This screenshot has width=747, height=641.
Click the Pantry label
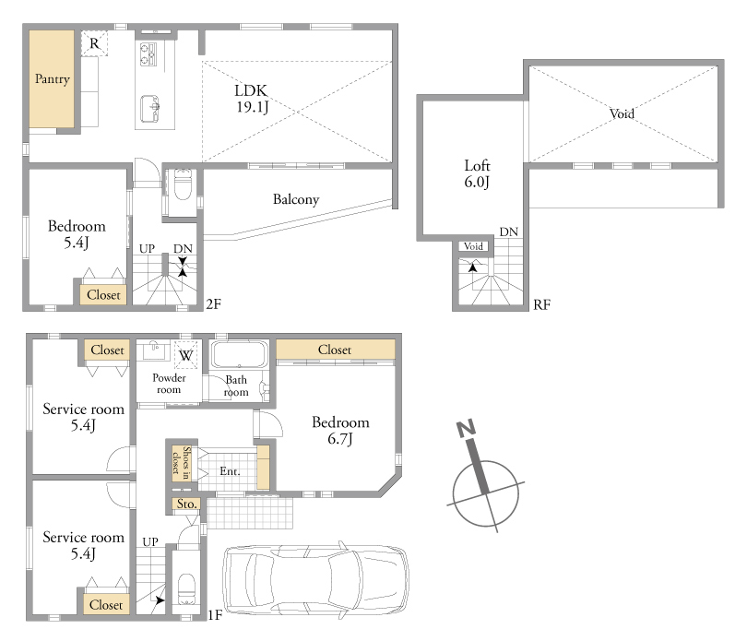pyautogui.click(x=53, y=78)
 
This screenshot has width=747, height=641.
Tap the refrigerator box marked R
pyautogui.click(x=94, y=43)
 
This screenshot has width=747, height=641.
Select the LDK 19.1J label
pyautogui.click(x=252, y=99)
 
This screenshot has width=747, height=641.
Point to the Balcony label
pyautogui.click(x=296, y=199)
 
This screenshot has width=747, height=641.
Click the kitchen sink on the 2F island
pyautogui.click(x=149, y=109)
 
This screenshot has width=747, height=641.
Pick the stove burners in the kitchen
pyautogui.click(x=148, y=53)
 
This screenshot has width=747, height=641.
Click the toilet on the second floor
pyautogui.click(x=183, y=184)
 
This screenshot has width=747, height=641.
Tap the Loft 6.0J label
pyautogui.click(x=477, y=173)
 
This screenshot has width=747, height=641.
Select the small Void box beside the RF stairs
pyautogui.click(x=473, y=246)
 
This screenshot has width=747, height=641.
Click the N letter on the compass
pyautogui.click(x=466, y=428)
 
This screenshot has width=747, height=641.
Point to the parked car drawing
pyautogui.click(x=315, y=580)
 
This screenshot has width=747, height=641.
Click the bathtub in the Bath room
pyautogui.click(x=240, y=354)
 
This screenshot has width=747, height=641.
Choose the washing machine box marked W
pyautogui.click(x=185, y=355)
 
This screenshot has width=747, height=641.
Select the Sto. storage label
pyautogui.click(x=186, y=504)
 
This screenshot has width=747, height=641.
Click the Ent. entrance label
pyautogui.click(x=230, y=471)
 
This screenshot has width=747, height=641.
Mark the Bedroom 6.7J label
pyautogui.click(x=340, y=431)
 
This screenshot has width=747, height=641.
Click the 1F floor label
pyautogui.click(x=215, y=615)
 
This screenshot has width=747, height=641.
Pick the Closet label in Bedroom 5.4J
pyautogui.click(x=103, y=295)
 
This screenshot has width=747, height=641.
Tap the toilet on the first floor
pyautogui.click(x=185, y=590)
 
